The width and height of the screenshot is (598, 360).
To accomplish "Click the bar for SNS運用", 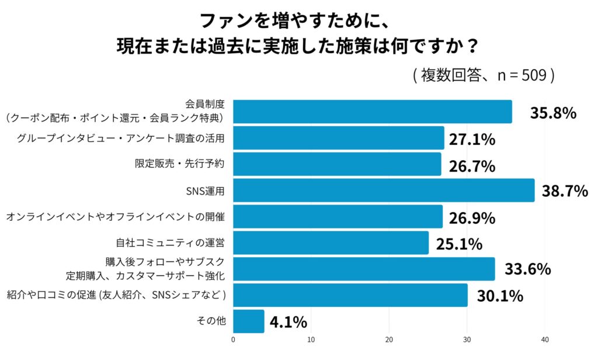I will (384, 191).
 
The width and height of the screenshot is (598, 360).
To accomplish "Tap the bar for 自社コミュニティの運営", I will (331, 243).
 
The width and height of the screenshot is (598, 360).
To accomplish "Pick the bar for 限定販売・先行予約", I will (337, 164).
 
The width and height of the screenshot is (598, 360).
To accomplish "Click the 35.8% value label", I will (553, 113).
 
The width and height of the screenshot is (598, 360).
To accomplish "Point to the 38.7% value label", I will (564, 191).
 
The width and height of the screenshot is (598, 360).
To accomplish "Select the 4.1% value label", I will (288, 322).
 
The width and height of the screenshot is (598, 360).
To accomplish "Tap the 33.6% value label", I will (527, 269).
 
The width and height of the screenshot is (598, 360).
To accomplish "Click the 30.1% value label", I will (499, 296).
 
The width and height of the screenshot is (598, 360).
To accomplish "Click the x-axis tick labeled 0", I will (234, 340).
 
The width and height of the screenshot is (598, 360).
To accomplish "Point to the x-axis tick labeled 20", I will (389, 340).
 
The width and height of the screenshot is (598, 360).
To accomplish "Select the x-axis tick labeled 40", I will (545, 340).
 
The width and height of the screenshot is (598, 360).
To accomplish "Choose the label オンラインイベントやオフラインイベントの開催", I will (116, 217).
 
